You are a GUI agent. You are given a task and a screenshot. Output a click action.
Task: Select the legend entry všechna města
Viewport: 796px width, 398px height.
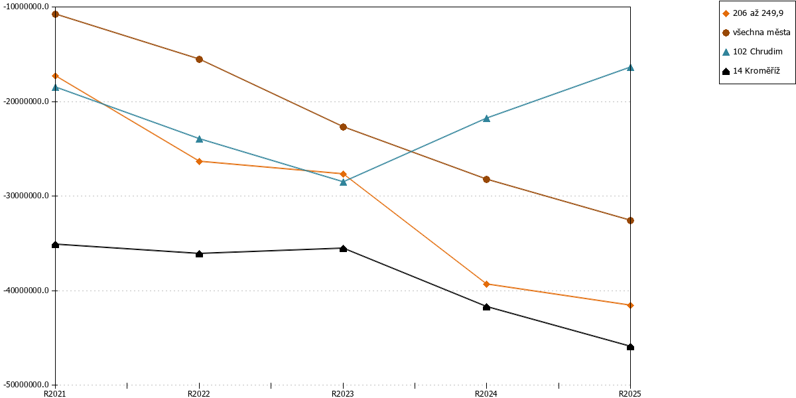[756, 33]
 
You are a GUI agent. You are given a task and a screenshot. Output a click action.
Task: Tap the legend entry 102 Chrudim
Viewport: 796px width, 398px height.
[752, 52]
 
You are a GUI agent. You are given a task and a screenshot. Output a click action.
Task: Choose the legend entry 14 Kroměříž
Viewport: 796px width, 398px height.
[751, 71]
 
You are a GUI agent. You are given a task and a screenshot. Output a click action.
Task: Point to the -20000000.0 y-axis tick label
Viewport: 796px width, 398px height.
[26, 101]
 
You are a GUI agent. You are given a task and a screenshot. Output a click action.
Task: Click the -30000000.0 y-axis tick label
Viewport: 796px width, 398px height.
[26, 196]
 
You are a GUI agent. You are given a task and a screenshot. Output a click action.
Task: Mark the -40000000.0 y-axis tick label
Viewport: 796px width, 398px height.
[26, 291]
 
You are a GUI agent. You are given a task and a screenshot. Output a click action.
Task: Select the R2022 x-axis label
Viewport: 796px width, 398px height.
[199, 394]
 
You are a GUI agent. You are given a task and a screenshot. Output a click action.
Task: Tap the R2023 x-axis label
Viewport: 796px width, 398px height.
[343, 394]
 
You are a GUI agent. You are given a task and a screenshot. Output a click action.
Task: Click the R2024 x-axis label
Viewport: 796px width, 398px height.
[486, 394]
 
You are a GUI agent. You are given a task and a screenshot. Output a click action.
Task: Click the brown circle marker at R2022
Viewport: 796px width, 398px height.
[200, 59]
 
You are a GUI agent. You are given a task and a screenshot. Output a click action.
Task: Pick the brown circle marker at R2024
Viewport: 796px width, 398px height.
[486, 180]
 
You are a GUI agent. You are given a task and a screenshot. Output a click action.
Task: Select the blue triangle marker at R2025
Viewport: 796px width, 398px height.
[630, 68]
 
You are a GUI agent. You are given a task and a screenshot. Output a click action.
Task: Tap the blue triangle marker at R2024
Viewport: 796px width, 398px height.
[486, 118]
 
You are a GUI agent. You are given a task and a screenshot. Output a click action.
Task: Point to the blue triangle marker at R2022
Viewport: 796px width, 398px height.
[200, 139]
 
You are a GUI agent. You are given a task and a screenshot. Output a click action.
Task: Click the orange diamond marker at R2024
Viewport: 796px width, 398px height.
[486, 285]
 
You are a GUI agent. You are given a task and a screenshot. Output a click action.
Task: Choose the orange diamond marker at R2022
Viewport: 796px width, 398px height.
[200, 162]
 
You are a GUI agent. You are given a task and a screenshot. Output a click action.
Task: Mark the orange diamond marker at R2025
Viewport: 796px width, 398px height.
[630, 306]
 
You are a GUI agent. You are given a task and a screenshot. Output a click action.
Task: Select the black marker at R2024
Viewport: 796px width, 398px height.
[486, 306]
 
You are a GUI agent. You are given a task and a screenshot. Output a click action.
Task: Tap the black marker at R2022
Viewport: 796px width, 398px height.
[200, 253]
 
